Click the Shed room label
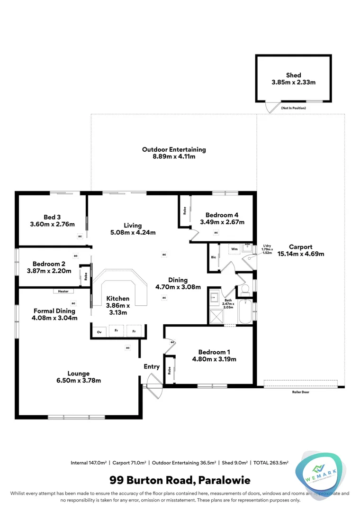(293, 75)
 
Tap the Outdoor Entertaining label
(174, 149)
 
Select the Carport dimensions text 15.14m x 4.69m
(301, 254)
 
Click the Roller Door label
(301, 392)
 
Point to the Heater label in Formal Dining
(63, 291)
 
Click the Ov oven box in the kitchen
(99, 332)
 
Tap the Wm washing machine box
(234, 248)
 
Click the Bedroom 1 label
(214, 352)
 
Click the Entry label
(152, 366)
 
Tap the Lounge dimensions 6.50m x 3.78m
(78, 380)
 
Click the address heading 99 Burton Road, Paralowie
(180, 481)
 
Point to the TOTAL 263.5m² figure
(271, 462)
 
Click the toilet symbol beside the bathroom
(245, 288)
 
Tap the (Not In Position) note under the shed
(293, 108)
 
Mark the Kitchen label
(117, 298)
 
